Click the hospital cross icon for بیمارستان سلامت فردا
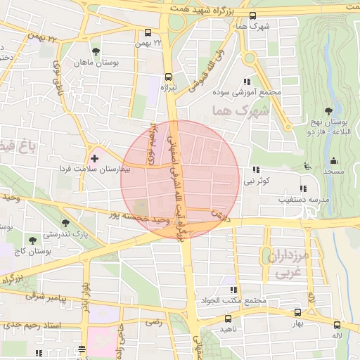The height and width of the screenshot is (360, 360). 95,158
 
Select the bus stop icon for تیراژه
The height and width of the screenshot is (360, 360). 168,77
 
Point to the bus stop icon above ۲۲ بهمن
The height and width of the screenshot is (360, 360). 148,32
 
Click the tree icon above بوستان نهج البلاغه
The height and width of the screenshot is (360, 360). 328,110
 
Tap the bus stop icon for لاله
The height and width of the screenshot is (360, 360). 337,325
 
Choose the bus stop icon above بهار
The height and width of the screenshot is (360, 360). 297,312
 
